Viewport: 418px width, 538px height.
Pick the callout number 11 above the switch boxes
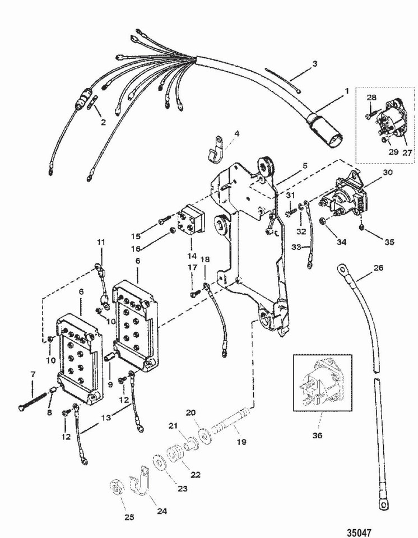click(100, 242)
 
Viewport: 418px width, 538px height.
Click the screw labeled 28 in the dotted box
click(370, 115)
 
